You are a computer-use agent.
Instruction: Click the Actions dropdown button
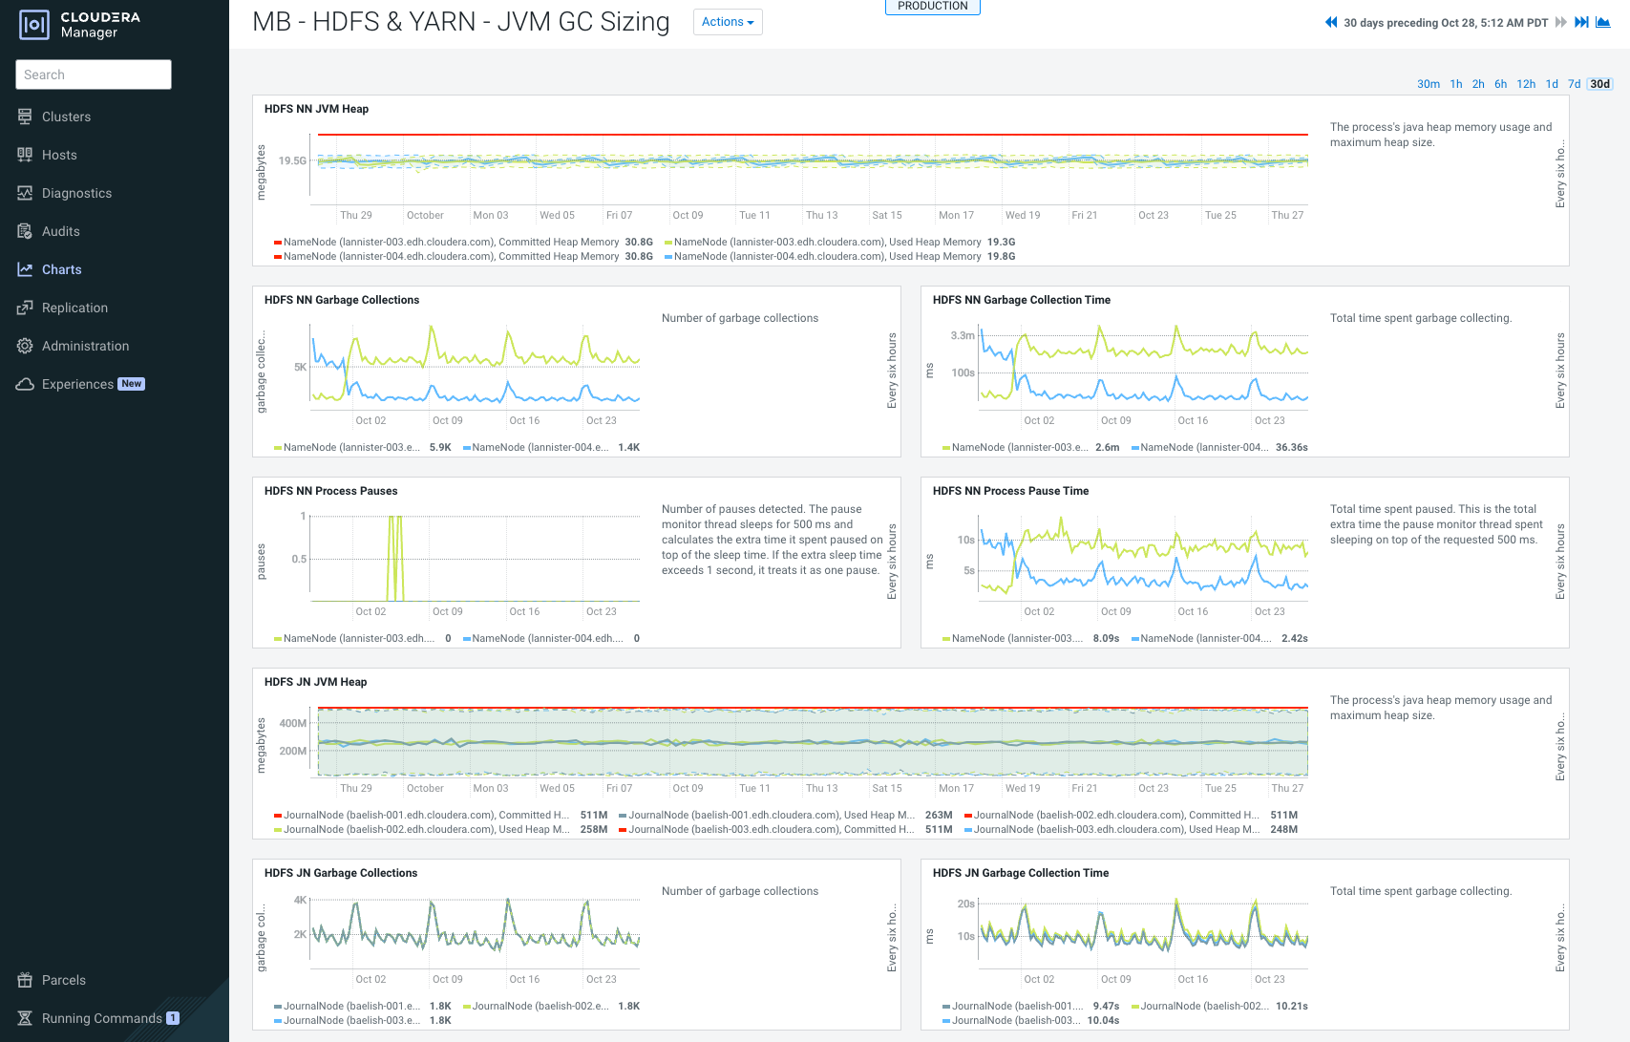(x=728, y=22)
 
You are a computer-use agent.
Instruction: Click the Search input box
(x=94, y=74)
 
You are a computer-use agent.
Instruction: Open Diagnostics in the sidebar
(x=76, y=193)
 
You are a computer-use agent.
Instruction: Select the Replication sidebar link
(x=74, y=308)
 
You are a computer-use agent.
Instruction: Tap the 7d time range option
(x=1574, y=84)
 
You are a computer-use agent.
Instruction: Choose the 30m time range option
(x=1428, y=84)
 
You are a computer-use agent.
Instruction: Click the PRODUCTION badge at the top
(x=932, y=7)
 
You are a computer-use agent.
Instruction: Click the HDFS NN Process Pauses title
(x=330, y=491)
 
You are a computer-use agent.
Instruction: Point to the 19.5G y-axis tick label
(x=292, y=160)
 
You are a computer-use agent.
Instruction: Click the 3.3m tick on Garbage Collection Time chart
(x=962, y=335)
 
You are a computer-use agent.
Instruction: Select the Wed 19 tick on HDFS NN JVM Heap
(x=1022, y=215)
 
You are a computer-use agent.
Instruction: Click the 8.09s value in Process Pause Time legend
(x=1106, y=638)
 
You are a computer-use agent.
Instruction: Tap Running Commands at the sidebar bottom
(x=101, y=1018)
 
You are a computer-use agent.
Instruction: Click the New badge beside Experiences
(x=132, y=384)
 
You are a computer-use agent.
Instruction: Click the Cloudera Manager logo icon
(x=33, y=25)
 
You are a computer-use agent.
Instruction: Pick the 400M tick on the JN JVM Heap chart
(x=292, y=723)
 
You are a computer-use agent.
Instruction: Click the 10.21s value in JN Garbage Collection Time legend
(x=1291, y=1006)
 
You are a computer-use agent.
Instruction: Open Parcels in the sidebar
(x=63, y=980)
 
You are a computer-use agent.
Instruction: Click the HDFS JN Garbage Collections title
(x=340, y=873)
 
